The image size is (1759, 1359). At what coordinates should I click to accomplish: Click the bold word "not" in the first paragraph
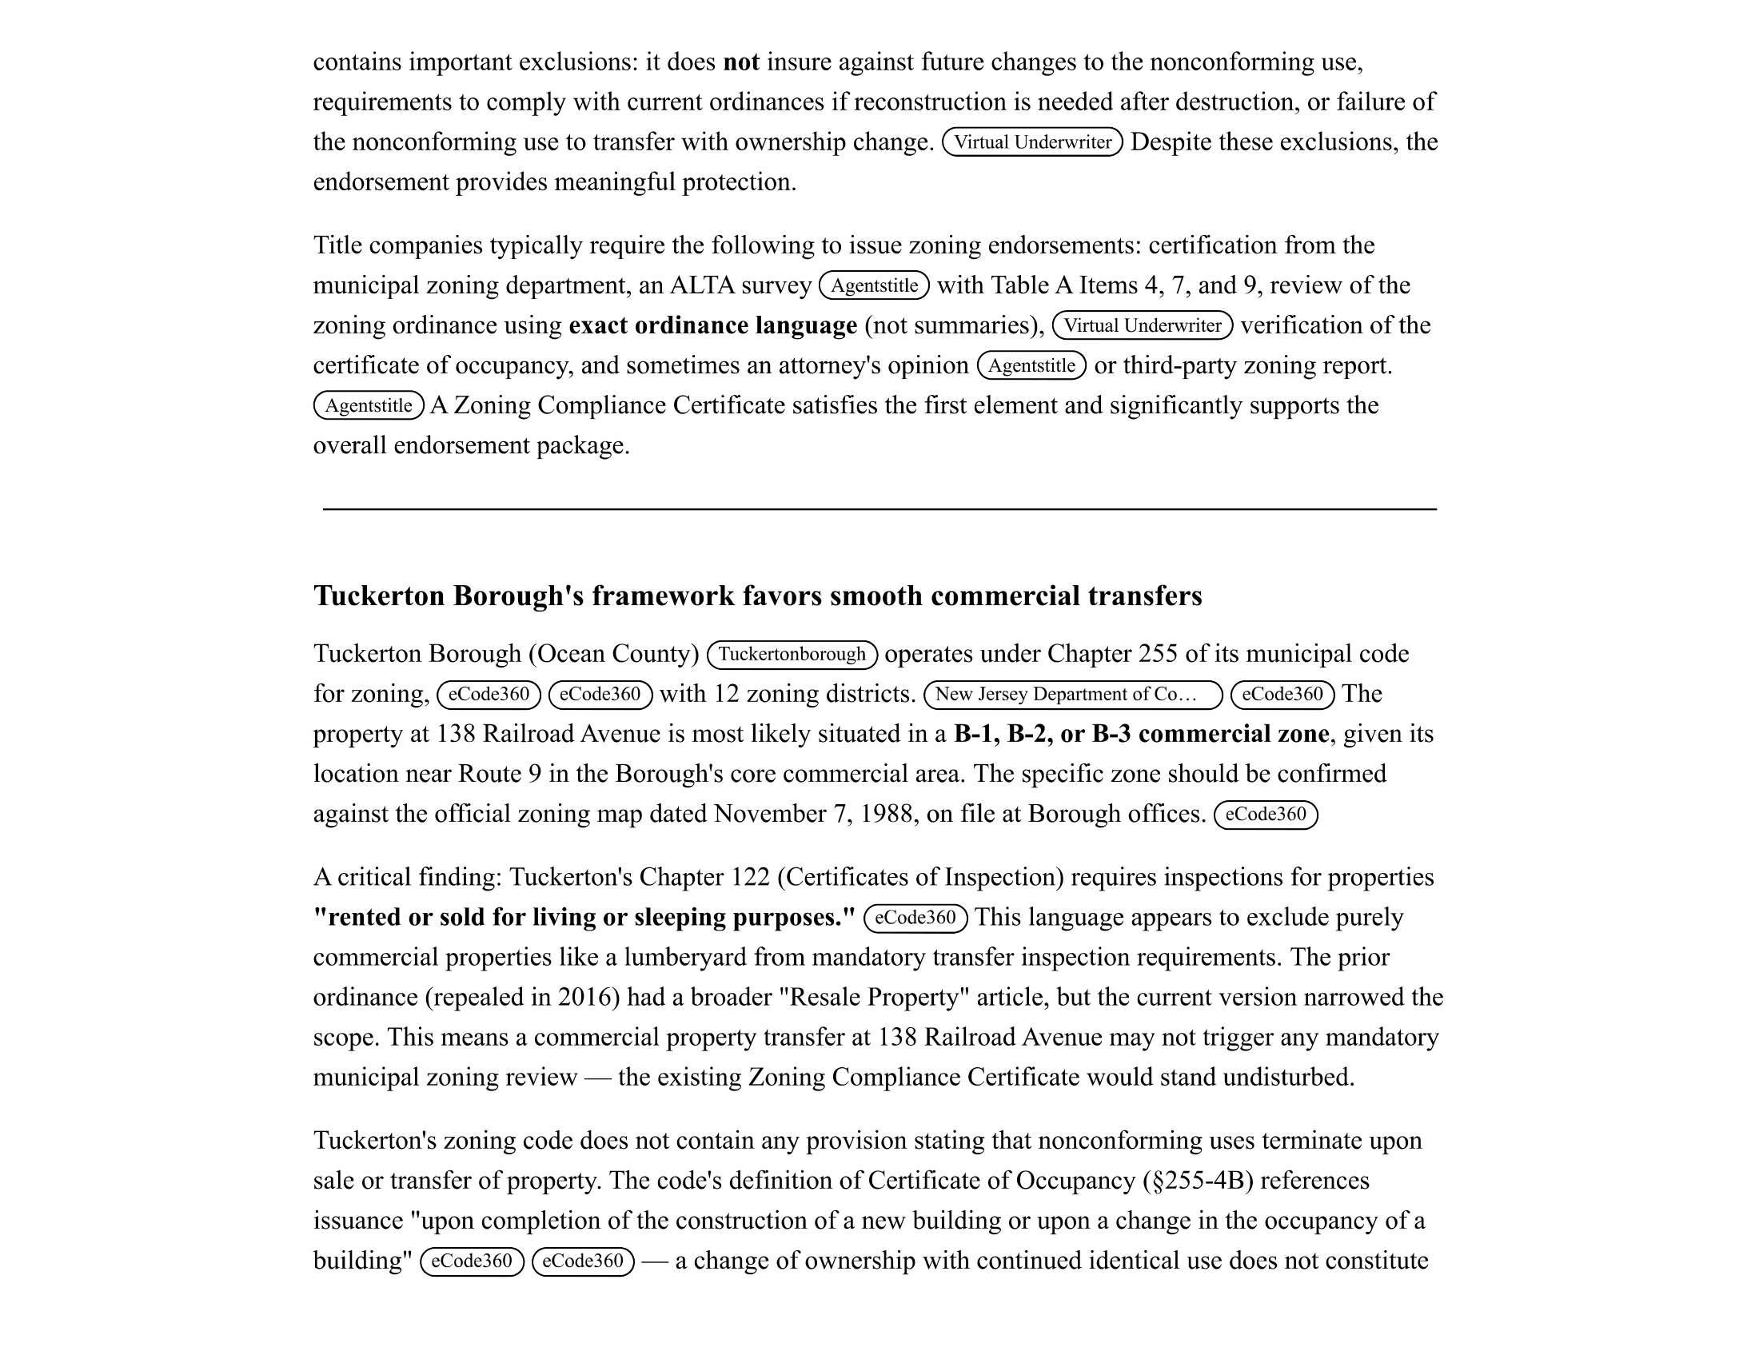(x=740, y=62)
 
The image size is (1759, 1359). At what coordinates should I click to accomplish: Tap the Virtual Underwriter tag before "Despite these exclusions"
(x=1031, y=142)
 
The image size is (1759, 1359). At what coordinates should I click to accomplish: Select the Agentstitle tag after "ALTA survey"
(x=874, y=286)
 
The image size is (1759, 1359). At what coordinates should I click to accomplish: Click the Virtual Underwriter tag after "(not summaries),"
(x=1142, y=325)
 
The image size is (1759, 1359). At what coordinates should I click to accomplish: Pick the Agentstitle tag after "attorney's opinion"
(x=1031, y=365)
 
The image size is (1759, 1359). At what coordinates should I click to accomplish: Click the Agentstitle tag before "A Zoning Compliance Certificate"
(x=368, y=406)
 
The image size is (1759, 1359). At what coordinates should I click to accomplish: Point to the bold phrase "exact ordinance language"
(x=712, y=325)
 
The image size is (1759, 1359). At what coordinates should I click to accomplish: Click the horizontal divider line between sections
(x=879, y=508)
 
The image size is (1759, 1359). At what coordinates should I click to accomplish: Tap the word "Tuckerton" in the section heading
(x=378, y=596)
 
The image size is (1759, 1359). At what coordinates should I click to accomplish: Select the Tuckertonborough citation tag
(x=792, y=654)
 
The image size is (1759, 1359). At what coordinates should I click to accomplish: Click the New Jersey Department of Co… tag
(x=1073, y=694)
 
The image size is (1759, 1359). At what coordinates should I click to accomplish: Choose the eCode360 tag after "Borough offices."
(x=1266, y=814)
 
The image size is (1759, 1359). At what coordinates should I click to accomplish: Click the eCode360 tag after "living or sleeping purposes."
(x=915, y=918)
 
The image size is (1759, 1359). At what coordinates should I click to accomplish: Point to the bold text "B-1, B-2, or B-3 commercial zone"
(x=1140, y=733)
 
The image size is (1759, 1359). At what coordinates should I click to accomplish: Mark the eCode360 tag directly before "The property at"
(x=1282, y=694)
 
